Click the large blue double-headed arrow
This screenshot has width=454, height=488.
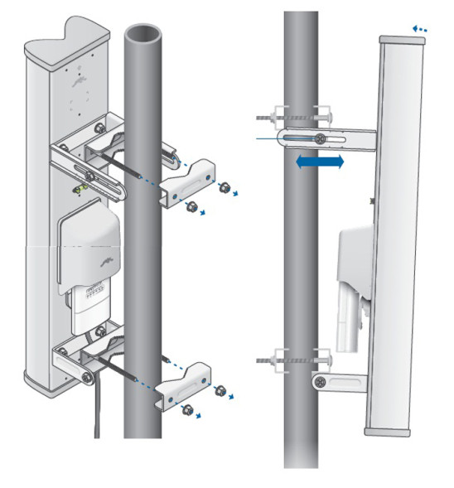click(x=319, y=163)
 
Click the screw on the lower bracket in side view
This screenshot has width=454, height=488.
click(x=319, y=379)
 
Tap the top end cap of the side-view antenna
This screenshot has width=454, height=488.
click(x=394, y=39)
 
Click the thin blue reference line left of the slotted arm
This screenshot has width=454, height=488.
click(x=269, y=138)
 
